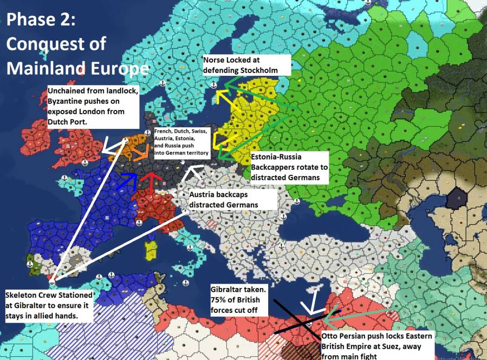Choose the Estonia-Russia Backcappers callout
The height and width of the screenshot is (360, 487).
(x=289, y=167)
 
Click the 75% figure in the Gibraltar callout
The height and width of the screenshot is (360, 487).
(x=219, y=300)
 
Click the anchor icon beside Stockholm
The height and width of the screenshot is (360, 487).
(x=214, y=85)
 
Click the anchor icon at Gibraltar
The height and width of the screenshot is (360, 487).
(x=52, y=281)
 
